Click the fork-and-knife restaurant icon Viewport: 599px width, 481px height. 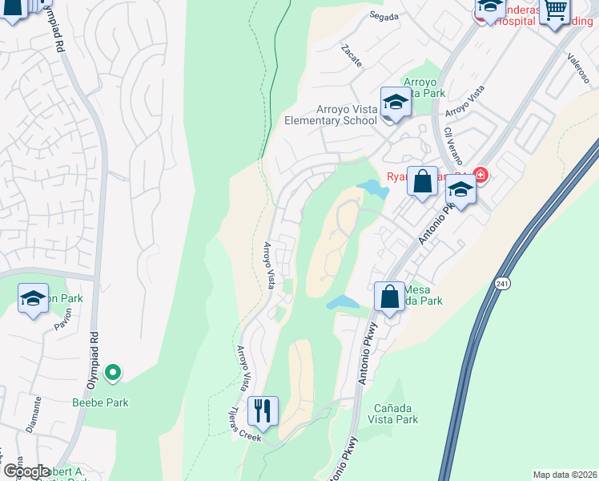[263, 411]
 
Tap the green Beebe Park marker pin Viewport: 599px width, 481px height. [114, 372]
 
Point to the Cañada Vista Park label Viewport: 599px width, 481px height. [394, 413]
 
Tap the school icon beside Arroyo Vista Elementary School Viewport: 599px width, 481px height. [395, 103]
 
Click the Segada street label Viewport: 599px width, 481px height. [384, 15]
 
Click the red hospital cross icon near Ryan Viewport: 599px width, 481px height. [480, 174]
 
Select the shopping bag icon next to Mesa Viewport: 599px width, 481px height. [389, 297]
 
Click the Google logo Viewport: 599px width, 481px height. [26, 471]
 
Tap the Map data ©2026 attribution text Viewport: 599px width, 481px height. [564, 475]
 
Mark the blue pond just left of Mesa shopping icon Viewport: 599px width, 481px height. [343, 302]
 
